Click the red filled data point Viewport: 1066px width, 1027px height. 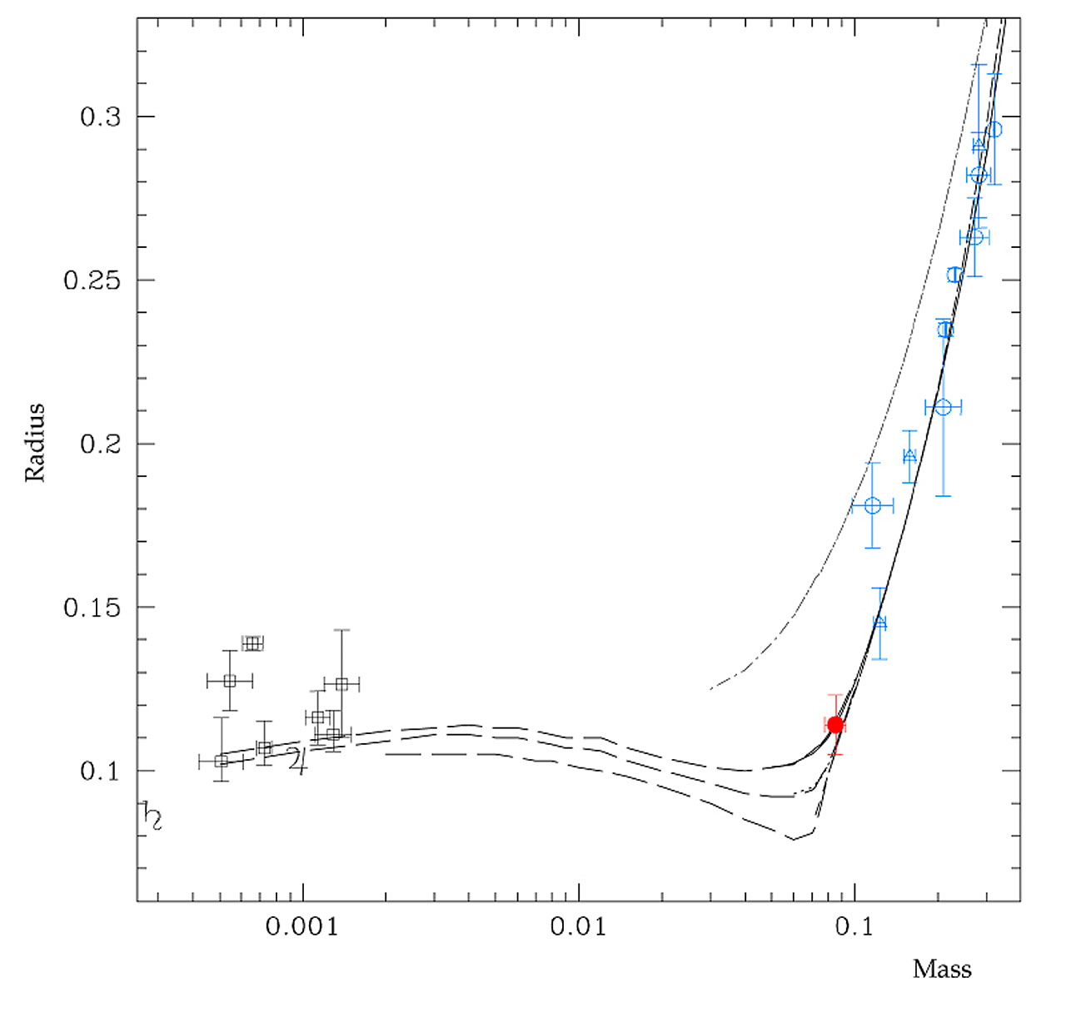(x=835, y=725)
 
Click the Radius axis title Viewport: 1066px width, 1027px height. (x=34, y=443)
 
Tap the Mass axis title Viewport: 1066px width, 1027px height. (x=942, y=970)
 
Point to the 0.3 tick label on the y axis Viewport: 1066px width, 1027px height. (x=101, y=117)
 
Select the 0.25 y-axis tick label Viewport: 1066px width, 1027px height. (x=92, y=280)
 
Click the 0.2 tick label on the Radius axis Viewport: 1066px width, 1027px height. (x=101, y=444)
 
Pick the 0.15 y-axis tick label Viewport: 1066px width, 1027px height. (x=92, y=608)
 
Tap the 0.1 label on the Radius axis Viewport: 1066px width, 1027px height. (x=101, y=771)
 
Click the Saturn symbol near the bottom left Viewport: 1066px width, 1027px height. (x=152, y=816)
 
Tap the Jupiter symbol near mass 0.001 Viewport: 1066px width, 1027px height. (x=296, y=760)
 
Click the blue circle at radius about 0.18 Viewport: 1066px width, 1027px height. (x=873, y=506)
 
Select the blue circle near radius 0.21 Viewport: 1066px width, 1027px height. (x=943, y=407)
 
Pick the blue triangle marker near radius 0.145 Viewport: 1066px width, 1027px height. (x=880, y=623)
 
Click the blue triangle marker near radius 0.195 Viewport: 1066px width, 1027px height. (x=909, y=455)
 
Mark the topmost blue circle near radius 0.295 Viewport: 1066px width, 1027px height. (x=994, y=130)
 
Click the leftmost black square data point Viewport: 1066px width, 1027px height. (x=221, y=762)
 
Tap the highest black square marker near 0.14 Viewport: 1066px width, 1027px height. (x=252, y=643)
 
